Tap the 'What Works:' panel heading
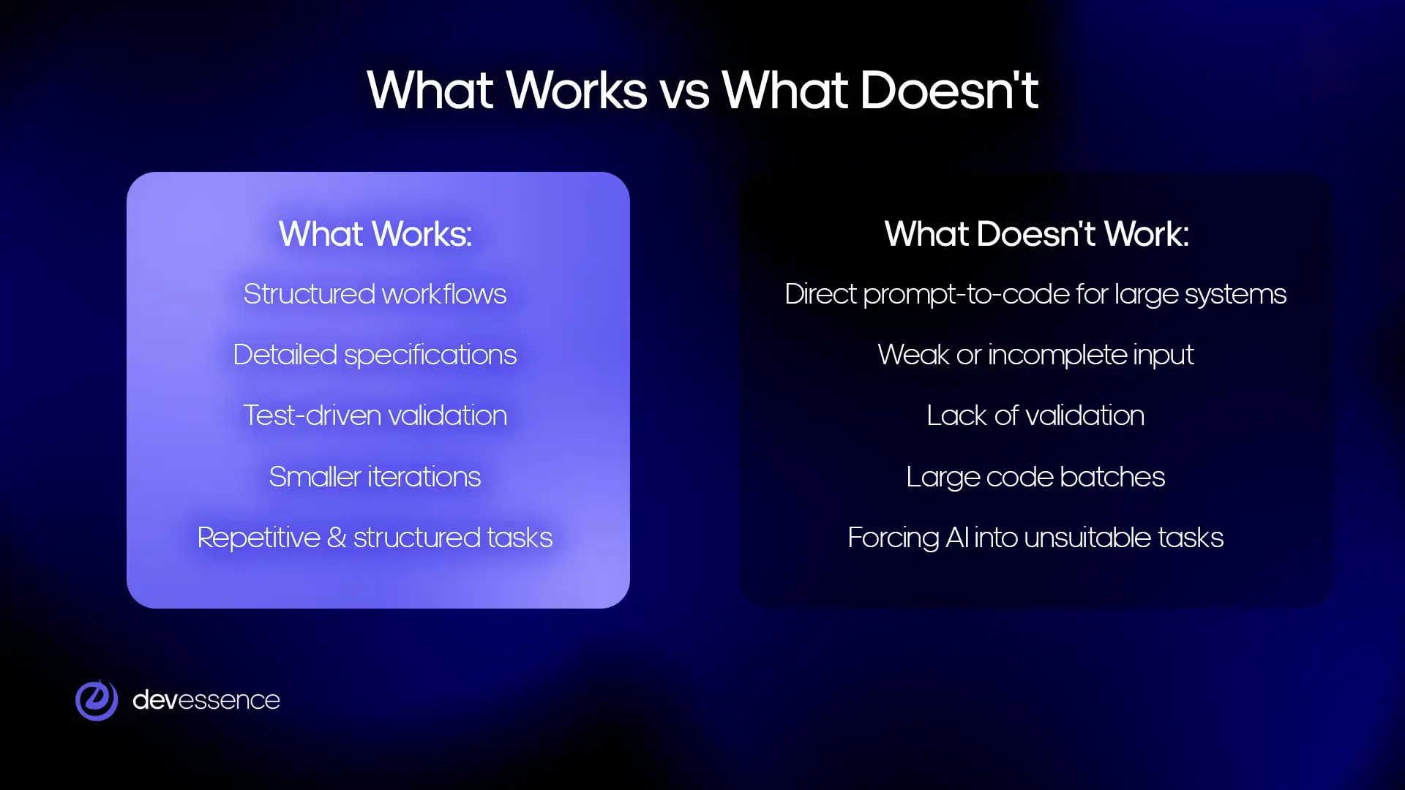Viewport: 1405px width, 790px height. coord(375,234)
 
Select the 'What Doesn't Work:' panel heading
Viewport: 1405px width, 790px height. coord(1036,234)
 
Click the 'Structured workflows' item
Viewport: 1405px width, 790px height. coord(375,294)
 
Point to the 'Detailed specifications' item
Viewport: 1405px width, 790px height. coord(375,355)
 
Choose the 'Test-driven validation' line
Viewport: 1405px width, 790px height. coord(375,415)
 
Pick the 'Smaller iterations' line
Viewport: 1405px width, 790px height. coord(375,477)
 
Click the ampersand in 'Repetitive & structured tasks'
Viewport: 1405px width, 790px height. coord(337,538)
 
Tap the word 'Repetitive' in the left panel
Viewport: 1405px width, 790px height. coord(258,538)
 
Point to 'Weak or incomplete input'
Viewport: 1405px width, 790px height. coord(1035,355)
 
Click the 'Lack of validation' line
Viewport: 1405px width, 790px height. coord(1035,415)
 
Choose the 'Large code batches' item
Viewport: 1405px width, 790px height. coord(1035,477)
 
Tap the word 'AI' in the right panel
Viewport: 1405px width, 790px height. coord(956,538)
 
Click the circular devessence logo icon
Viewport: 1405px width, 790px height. coord(97,700)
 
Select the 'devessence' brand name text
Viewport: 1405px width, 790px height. coord(206,700)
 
